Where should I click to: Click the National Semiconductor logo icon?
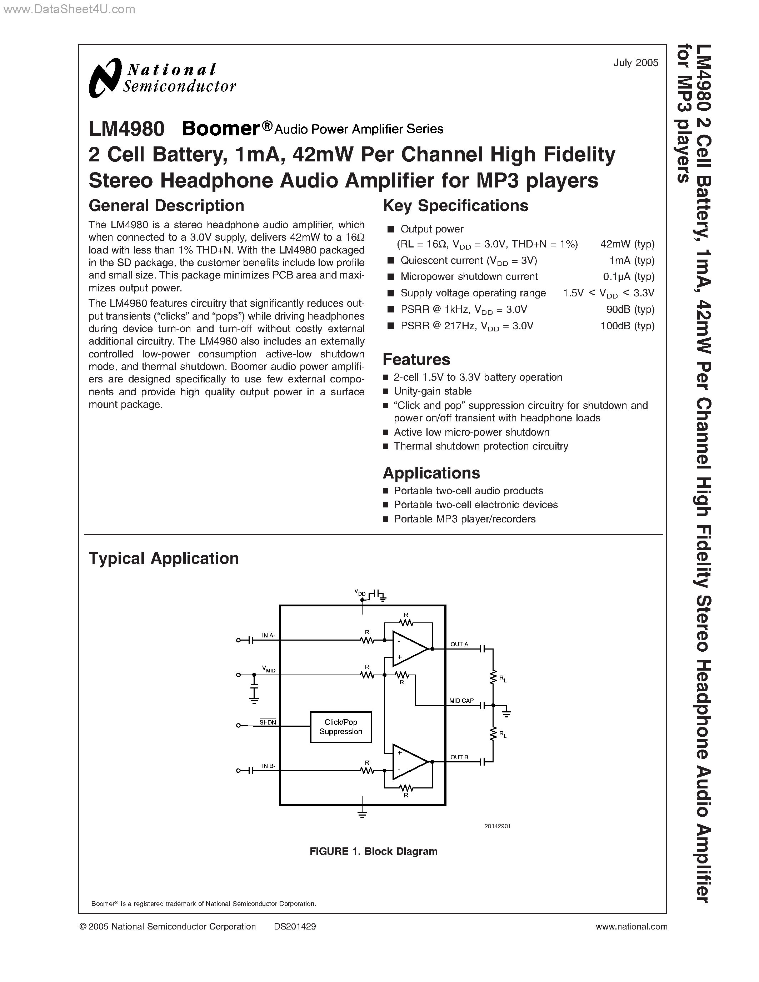(105, 78)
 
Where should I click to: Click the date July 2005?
(635, 63)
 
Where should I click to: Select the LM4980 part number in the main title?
(127, 129)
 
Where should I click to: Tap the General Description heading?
(166, 205)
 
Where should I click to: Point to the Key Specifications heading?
(455, 205)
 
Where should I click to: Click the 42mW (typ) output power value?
(627, 244)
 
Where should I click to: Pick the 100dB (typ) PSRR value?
(627, 326)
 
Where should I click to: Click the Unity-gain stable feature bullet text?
(433, 391)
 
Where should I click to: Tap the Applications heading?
(431, 473)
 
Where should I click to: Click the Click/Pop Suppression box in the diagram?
(341, 727)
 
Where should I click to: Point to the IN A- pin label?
(269, 635)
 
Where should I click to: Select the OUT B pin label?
(459, 757)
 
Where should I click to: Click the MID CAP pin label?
(461, 701)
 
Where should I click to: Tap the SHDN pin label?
(268, 722)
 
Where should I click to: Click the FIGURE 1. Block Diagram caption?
(373, 852)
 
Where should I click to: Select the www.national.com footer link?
(631, 926)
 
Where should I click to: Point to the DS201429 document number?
(295, 926)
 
